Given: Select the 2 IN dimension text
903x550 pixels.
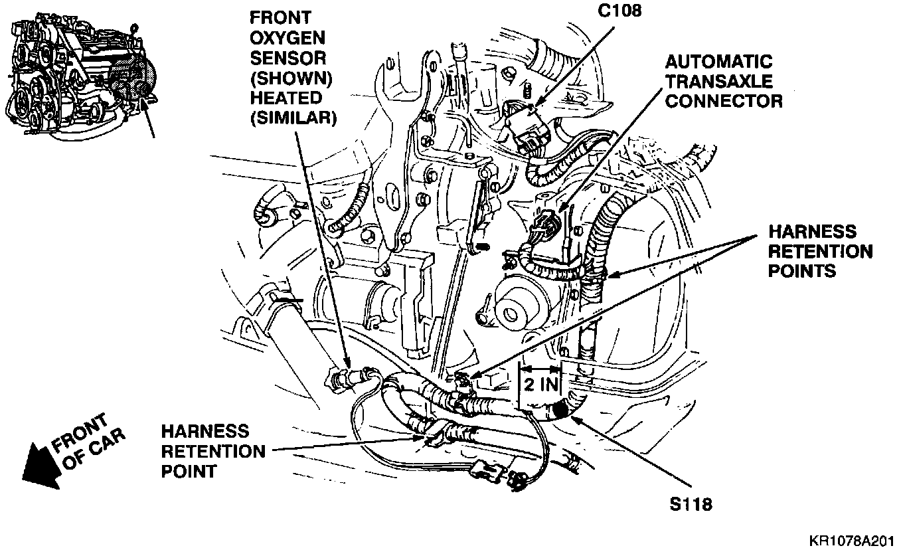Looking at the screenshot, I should [x=540, y=383].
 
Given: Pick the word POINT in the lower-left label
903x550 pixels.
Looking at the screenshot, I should [x=189, y=472].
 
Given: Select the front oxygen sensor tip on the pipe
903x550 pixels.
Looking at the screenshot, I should [x=336, y=379].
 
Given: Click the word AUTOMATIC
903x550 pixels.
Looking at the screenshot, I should [x=719, y=62].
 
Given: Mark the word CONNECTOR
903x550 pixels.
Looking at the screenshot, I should [x=724, y=101].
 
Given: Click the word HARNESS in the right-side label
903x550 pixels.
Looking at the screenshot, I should [x=812, y=232].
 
